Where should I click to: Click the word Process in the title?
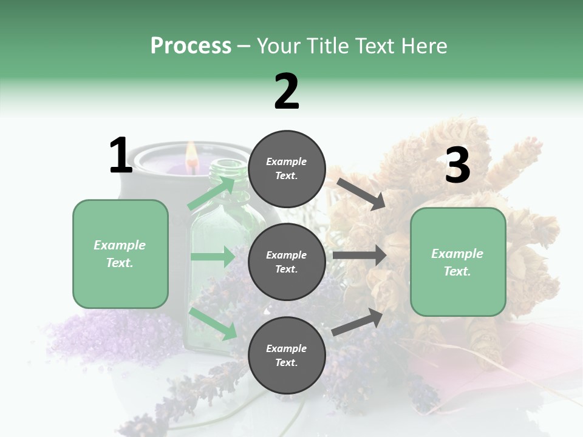click(x=191, y=46)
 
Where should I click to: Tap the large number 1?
click(x=121, y=156)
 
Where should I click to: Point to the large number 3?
click(x=457, y=166)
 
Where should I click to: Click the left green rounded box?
click(x=120, y=254)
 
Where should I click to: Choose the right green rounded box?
click(x=458, y=262)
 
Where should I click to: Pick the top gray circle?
click(x=287, y=169)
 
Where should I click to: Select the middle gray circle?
click(x=287, y=262)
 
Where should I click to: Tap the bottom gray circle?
click(x=287, y=355)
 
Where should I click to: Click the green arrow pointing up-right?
click(x=212, y=194)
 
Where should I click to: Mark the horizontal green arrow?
click(x=213, y=257)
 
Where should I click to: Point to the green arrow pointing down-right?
click(x=213, y=324)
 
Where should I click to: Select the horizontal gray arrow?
click(x=360, y=256)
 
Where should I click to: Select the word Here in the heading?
click(x=423, y=46)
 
